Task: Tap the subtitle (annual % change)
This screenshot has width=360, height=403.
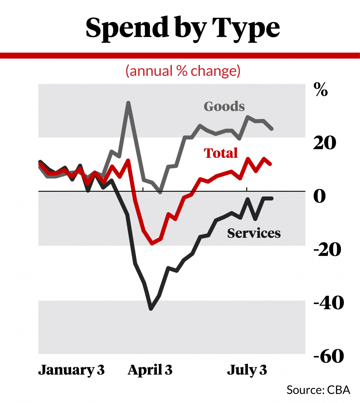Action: (x=183, y=71)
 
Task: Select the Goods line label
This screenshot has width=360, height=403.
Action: (x=224, y=106)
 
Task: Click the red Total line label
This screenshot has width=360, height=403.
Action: (x=221, y=153)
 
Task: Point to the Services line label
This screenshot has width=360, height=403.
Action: (x=254, y=233)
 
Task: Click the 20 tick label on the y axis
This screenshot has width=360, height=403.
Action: (x=324, y=143)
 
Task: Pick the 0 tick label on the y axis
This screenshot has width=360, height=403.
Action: (x=319, y=196)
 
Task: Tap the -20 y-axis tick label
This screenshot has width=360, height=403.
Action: (x=327, y=249)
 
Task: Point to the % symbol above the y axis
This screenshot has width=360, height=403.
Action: (x=320, y=90)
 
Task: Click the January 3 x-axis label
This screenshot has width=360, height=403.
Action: (x=71, y=370)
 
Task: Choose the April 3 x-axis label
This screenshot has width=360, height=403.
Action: (x=150, y=370)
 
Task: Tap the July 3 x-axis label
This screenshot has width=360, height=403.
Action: (x=247, y=370)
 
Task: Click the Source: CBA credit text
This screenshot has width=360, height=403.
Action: (x=318, y=390)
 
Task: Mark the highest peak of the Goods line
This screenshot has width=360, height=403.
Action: (x=128, y=103)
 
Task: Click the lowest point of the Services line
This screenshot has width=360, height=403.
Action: (x=151, y=309)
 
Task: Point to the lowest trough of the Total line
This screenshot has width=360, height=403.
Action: (x=152, y=243)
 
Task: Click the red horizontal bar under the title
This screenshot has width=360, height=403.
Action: (x=180, y=55)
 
